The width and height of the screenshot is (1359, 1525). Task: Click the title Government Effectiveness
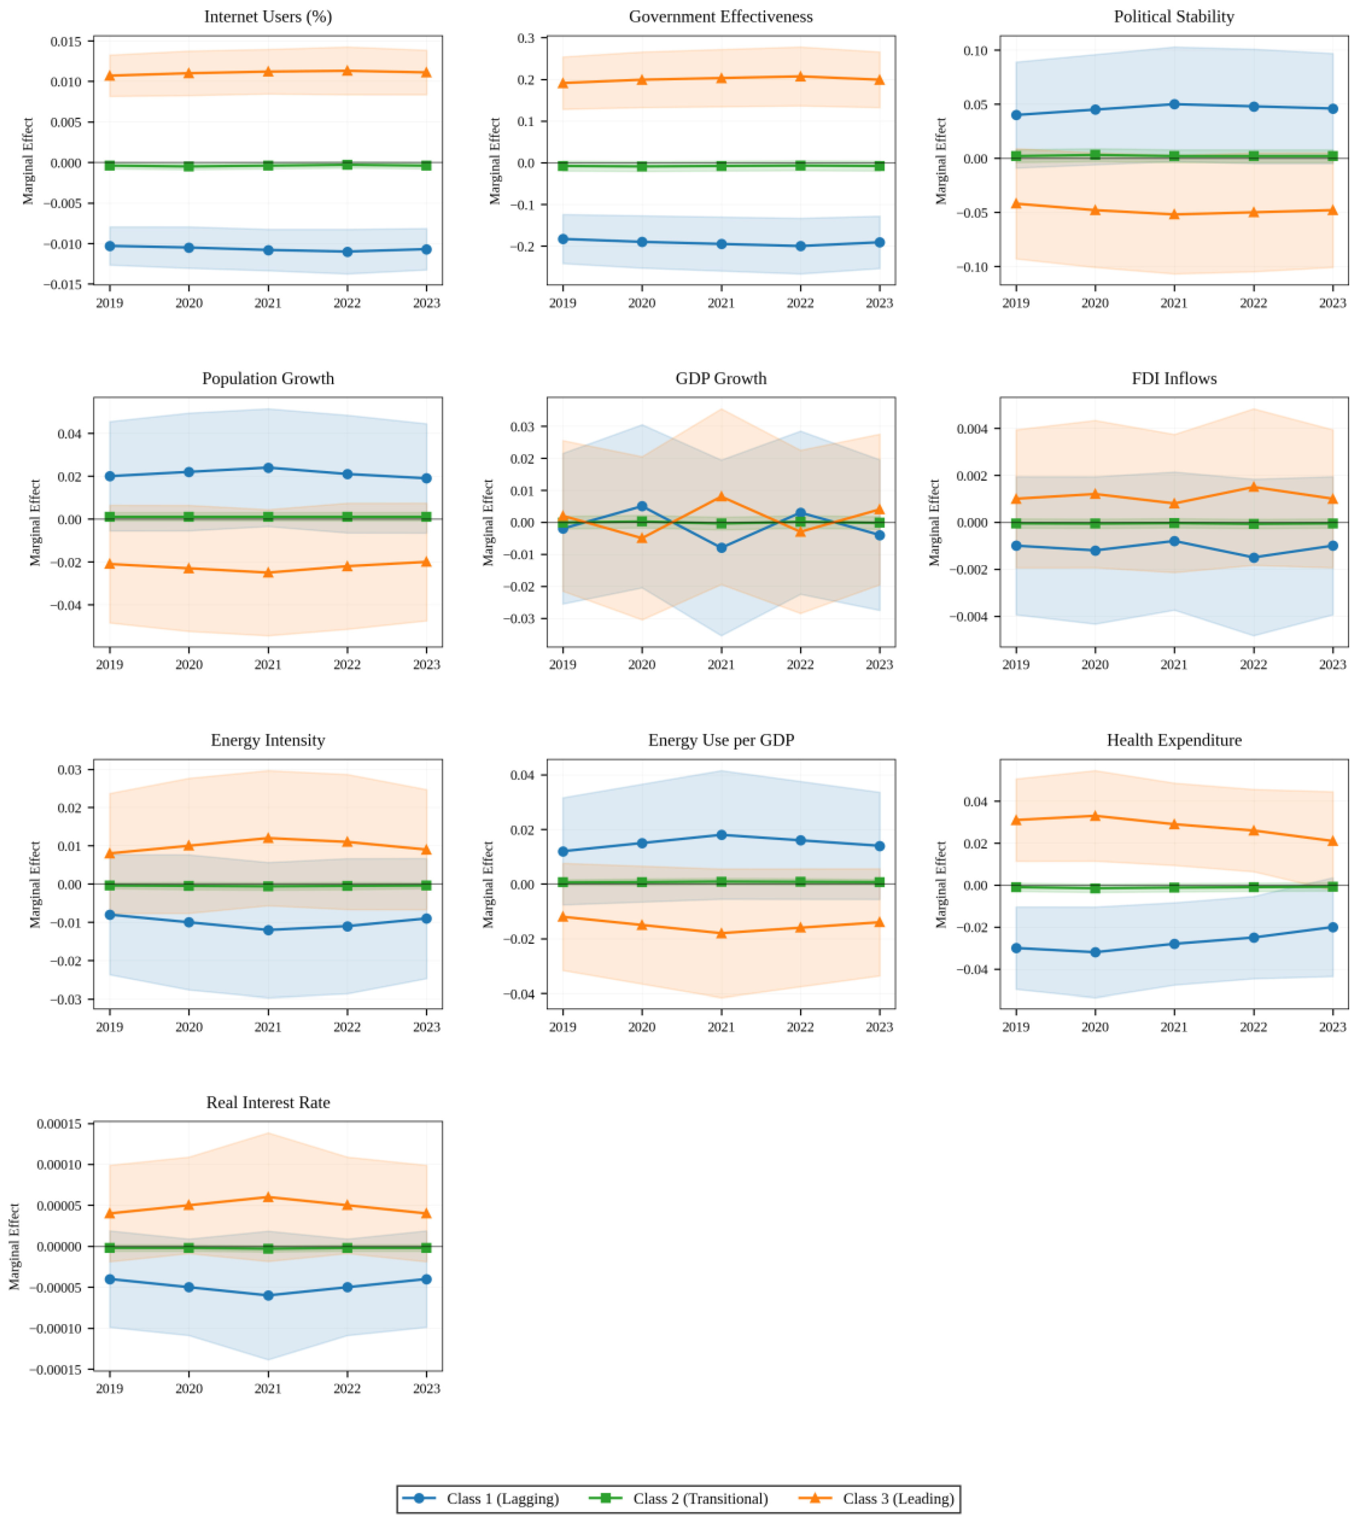(720, 16)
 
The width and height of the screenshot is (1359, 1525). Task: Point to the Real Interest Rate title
(268, 1102)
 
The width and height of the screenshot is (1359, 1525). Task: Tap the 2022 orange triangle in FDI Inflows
(1254, 487)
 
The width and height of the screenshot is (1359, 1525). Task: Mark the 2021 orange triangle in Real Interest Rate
(268, 1197)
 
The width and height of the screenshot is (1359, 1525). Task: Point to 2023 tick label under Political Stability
(1333, 303)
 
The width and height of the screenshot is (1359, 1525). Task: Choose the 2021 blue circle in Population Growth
(268, 468)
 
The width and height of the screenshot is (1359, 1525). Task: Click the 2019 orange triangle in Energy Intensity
(110, 853)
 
